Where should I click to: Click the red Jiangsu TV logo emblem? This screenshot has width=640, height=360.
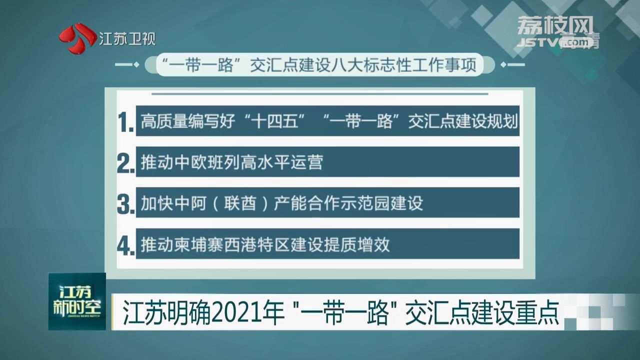coord(77,38)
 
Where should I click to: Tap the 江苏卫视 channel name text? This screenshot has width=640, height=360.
coord(127,39)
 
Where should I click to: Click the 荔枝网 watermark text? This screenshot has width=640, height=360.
coord(555,25)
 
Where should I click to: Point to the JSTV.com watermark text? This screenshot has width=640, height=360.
coord(556,42)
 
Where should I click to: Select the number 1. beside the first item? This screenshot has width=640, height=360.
coord(125,122)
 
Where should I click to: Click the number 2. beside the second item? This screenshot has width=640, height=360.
coord(125,163)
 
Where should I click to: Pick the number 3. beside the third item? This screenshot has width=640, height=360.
coord(125,204)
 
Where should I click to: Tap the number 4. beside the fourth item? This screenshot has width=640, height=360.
coord(125,245)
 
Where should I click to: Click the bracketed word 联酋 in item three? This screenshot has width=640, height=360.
coord(240,203)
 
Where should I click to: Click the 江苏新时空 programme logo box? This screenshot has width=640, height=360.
coord(77,301)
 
